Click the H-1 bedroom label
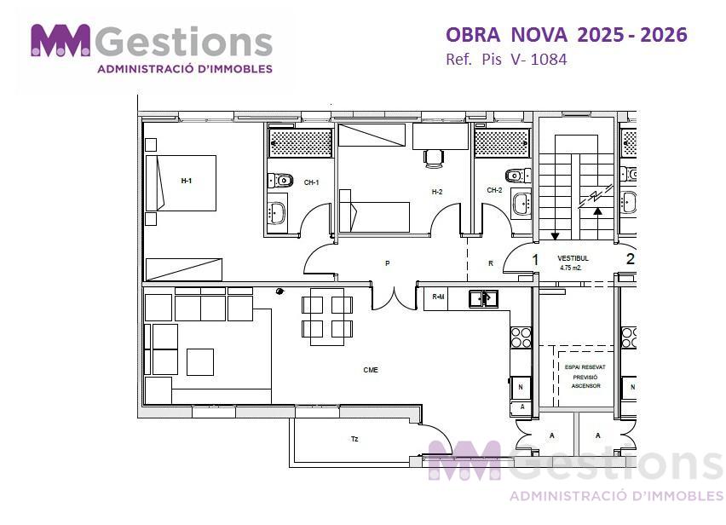point(186,181)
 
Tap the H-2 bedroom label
point(437,192)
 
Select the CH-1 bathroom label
point(312,182)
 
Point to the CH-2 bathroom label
point(494,190)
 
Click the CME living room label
point(371,370)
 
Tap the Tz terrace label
point(354,439)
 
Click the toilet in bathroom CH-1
point(280,180)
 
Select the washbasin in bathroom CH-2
point(521,205)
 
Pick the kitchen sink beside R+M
point(483,298)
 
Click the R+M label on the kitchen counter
point(438,297)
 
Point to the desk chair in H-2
point(434,158)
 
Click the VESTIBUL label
point(573,258)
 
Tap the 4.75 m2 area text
point(570,268)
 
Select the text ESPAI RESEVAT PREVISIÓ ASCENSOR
point(585,377)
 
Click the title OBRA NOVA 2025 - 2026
point(567,35)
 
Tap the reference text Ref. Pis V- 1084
point(506,60)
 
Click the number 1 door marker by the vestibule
point(535,260)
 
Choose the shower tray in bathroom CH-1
point(301,142)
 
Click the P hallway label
point(388,263)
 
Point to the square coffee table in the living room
point(200,362)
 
